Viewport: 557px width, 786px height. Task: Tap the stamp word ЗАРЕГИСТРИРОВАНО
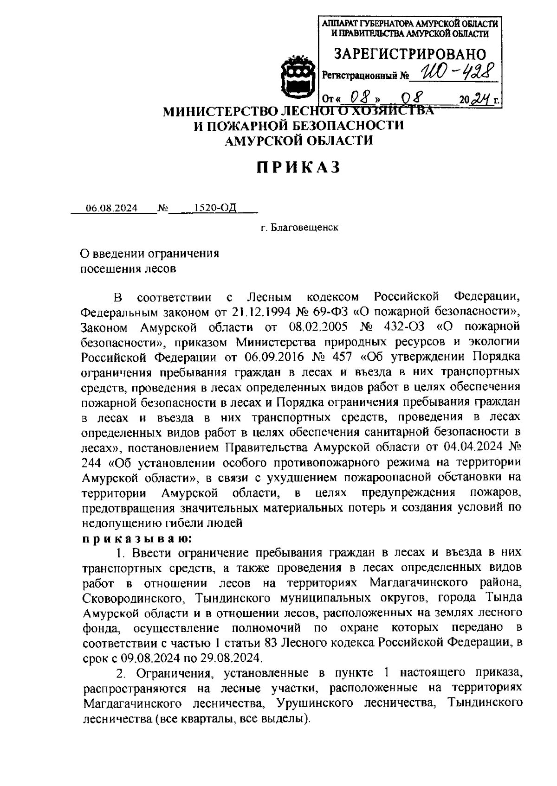(410, 54)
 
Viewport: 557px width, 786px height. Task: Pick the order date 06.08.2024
(111, 209)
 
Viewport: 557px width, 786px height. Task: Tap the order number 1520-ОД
(215, 208)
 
